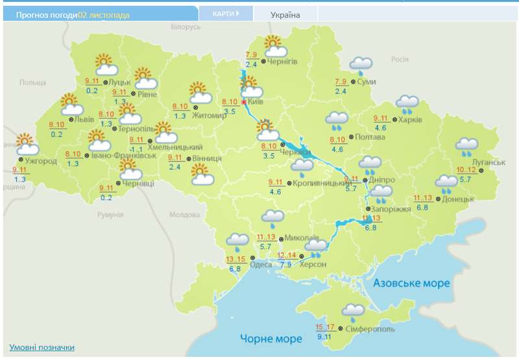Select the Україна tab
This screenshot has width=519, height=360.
[x=285, y=15]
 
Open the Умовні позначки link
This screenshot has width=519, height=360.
[x=42, y=348]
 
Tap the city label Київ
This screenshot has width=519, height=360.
[x=256, y=102]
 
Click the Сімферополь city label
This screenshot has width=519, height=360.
[x=370, y=330]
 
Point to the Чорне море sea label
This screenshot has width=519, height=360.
[x=271, y=339]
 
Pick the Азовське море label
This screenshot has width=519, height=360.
[x=411, y=283]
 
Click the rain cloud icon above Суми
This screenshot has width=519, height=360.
[x=361, y=65]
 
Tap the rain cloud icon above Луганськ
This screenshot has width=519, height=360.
[x=466, y=147]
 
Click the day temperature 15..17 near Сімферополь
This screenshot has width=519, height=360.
[x=325, y=327]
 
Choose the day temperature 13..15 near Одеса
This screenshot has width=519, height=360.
[x=235, y=259]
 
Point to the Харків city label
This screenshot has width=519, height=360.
[x=410, y=120]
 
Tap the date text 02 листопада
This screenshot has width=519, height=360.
[x=104, y=14]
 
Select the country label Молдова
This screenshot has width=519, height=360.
[x=184, y=215]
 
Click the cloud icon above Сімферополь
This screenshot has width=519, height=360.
[x=353, y=312]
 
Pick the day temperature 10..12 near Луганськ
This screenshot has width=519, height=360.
[x=466, y=170]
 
